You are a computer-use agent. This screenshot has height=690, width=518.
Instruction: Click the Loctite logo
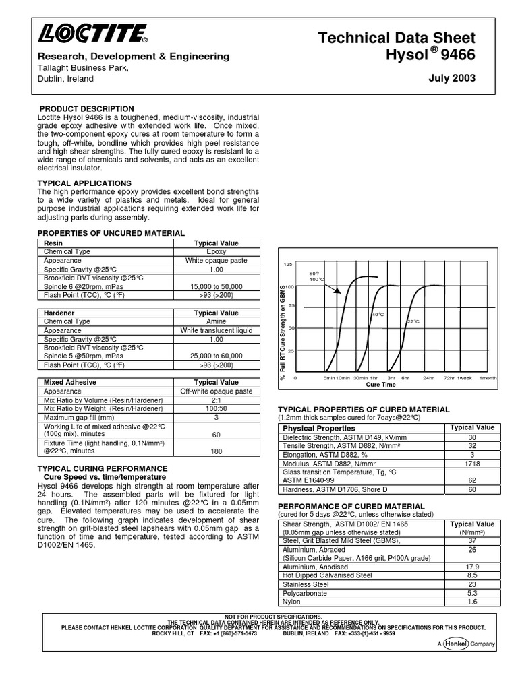[92, 33]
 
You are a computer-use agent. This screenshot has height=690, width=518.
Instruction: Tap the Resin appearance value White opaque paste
[216, 261]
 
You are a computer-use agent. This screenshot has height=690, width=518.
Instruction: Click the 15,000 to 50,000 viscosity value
[216, 286]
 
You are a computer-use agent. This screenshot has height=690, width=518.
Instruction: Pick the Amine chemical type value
[216, 322]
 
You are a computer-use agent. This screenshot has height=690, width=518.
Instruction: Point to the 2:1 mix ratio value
[216, 400]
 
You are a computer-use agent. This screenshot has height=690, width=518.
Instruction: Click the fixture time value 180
[216, 451]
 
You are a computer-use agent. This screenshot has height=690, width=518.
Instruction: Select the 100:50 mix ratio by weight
[216, 408]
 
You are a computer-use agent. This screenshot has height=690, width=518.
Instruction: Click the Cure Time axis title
[380, 385]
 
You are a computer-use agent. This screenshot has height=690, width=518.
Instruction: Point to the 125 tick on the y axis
[288, 265]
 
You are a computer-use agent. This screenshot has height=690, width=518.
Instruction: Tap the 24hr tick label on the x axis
[428, 378]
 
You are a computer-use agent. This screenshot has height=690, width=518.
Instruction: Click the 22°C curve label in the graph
[413, 322]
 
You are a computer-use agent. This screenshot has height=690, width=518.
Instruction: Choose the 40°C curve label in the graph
[378, 315]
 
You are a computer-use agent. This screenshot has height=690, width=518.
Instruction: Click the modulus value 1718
[471, 464]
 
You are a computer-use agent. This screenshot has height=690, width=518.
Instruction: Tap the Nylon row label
[291, 602]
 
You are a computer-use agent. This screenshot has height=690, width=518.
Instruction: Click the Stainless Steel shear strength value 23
[471, 584]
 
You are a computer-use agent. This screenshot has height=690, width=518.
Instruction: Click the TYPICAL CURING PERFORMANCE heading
[103, 468]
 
